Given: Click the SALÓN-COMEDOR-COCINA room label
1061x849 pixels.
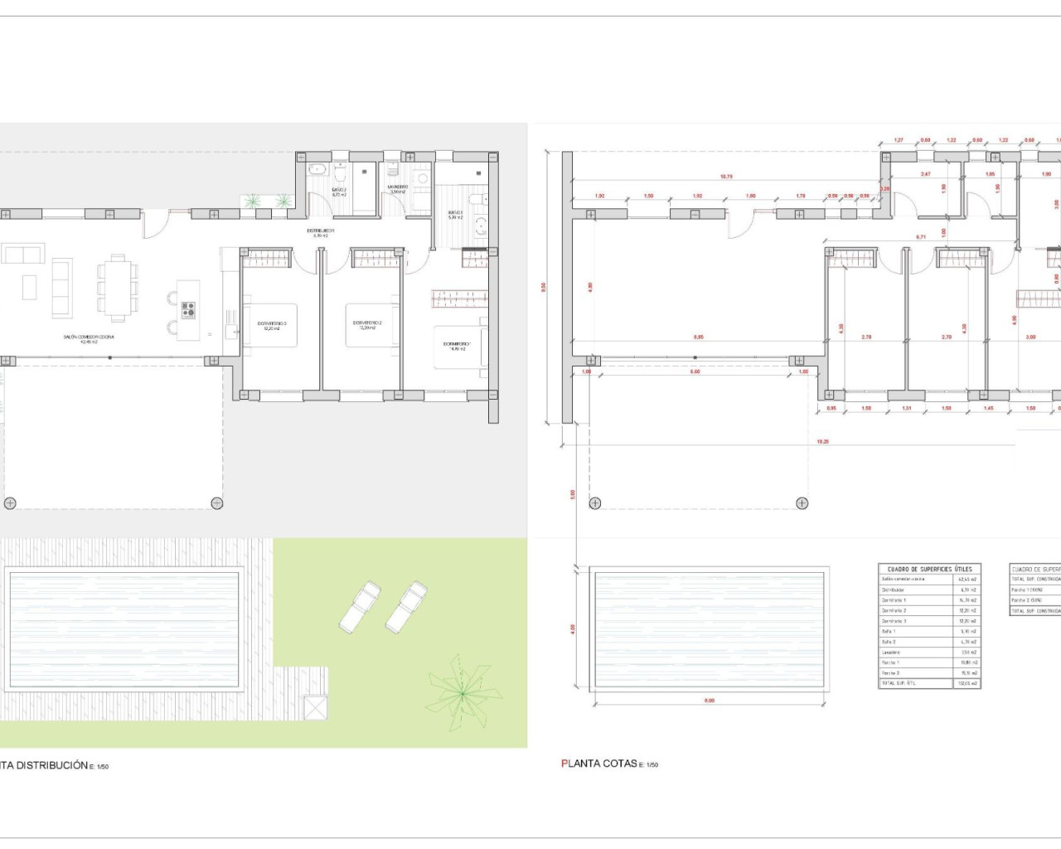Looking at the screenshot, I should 89,338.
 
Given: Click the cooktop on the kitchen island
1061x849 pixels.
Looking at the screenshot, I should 189,310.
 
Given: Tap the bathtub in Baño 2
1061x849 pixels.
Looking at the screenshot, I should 317,170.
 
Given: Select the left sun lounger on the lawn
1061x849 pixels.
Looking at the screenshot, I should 360,604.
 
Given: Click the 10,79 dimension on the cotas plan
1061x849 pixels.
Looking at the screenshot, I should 726,176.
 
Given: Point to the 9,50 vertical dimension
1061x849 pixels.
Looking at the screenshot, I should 544,288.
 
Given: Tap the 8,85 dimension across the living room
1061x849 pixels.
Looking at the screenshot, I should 699,337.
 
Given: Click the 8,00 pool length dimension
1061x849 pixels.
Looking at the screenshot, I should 710,701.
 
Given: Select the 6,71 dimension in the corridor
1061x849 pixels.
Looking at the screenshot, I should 921,237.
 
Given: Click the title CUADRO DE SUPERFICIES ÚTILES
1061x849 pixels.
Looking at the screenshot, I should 928,570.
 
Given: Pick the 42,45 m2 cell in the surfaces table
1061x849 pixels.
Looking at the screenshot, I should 969,580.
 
